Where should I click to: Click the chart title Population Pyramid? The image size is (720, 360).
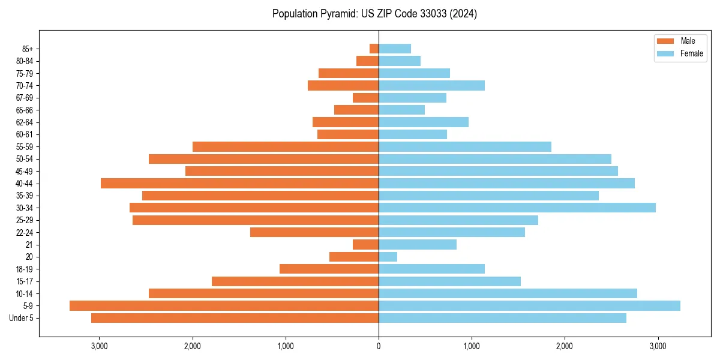(374, 14)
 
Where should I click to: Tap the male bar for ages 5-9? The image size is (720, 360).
(224, 305)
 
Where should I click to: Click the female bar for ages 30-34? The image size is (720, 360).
(517, 208)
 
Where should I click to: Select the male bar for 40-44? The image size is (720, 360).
(239, 183)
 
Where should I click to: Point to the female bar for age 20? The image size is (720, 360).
(388, 257)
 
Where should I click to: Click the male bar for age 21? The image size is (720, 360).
(365, 244)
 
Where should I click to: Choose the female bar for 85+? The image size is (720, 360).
(395, 49)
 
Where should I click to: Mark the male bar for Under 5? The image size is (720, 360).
(235, 318)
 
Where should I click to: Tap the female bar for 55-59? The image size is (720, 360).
(464, 146)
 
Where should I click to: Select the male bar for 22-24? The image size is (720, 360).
(314, 232)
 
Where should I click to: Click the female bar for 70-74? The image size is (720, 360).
(431, 85)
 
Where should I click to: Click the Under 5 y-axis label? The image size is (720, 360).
(21, 318)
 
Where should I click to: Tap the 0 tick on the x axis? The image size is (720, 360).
(379, 346)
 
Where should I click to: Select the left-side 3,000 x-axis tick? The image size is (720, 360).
(99, 346)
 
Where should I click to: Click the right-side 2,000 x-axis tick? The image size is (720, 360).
(565, 346)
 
